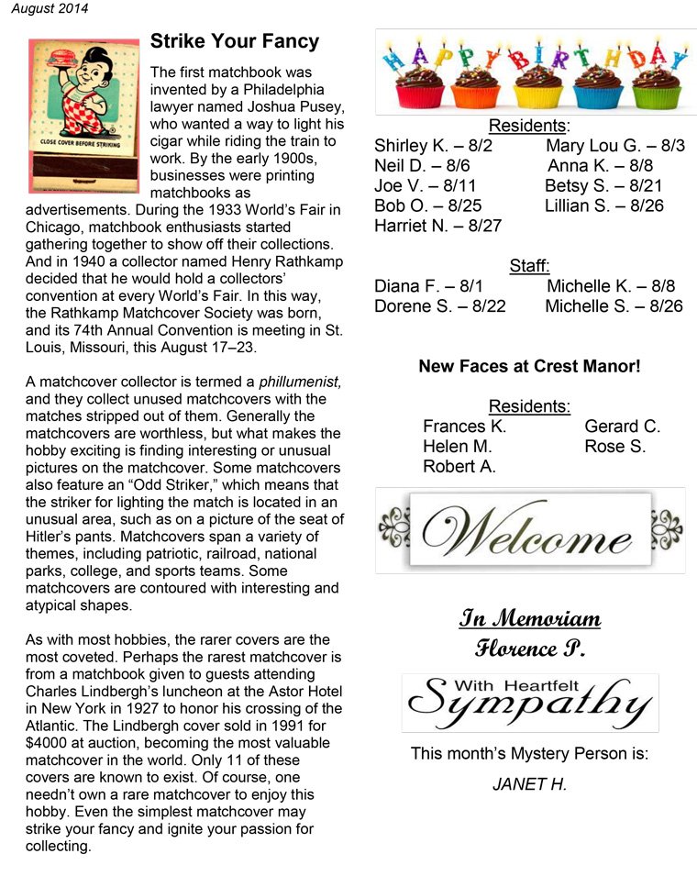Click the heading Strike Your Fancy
235,41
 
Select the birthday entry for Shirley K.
434,146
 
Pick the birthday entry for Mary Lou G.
614,146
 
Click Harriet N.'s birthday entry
438,226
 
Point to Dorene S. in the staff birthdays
440,306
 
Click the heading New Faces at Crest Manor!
529,366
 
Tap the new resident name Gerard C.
622,427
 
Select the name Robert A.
459,467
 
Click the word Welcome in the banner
527,531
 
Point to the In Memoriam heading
529,618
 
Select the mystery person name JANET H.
529,785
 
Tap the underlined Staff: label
529,266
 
